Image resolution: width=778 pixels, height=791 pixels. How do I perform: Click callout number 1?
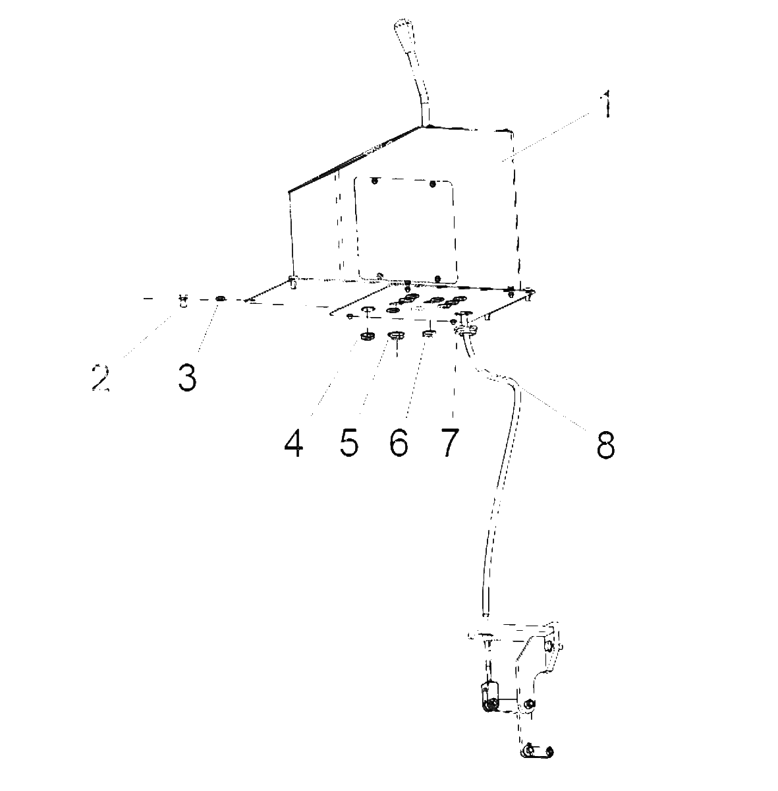click(605, 104)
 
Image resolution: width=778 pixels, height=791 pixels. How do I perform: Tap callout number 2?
click(100, 377)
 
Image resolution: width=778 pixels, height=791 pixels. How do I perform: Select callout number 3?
click(187, 377)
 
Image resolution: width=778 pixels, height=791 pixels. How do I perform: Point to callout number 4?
click(294, 443)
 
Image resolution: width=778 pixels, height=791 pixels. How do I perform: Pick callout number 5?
click(349, 443)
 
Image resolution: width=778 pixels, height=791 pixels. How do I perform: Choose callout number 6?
click(399, 443)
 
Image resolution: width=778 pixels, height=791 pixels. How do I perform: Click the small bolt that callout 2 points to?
click(183, 301)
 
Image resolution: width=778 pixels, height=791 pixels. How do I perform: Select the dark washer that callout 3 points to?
click(220, 299)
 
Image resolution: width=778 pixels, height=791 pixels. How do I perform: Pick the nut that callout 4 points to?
click(367, 336)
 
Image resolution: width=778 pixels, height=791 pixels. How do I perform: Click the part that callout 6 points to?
click(428, 334)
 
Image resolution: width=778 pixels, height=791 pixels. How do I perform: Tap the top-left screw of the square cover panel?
click(374, 181)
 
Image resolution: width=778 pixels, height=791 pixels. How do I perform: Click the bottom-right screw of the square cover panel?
click(438, 279)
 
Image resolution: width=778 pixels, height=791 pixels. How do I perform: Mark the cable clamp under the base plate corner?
click(465, 328)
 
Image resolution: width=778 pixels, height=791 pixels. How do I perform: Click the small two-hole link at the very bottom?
click(537, 751)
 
